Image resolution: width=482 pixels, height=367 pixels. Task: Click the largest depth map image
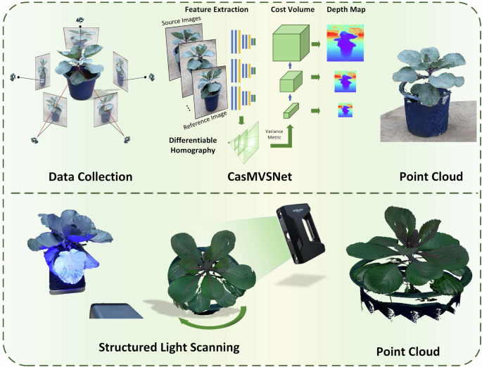tap(346, 44)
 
